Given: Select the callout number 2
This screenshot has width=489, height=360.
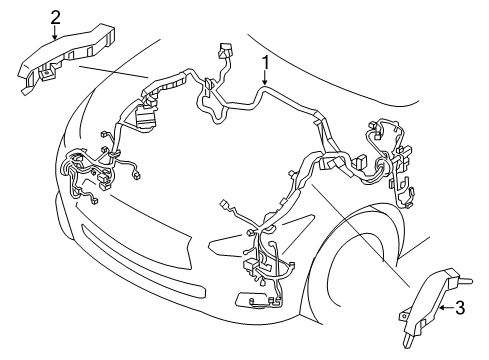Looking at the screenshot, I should [54, 15].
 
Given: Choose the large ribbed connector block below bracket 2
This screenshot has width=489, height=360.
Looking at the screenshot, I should [148, 114].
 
